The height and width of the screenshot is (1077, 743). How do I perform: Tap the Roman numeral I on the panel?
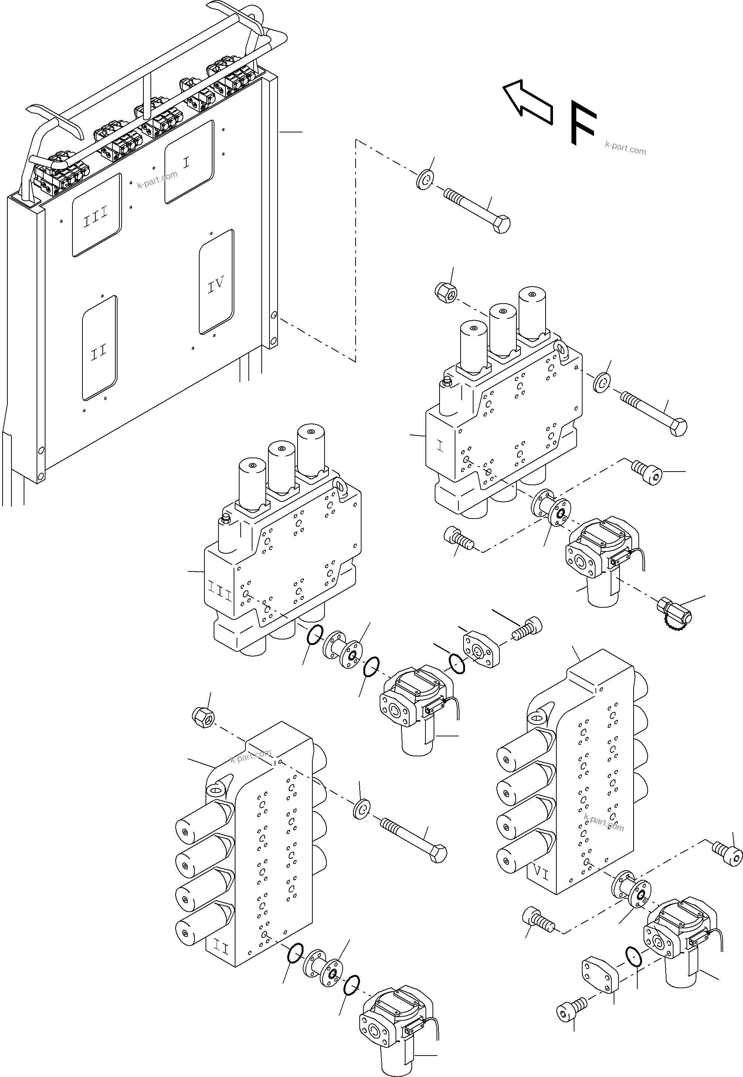(x=186, y=163)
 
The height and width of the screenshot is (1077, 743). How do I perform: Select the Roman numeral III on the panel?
(x=95, y=217)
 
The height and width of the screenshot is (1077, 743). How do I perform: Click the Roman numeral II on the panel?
(x=98, y=352)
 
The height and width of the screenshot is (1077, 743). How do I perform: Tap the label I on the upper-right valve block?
(x=440, y=447)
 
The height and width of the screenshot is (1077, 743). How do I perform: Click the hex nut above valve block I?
(x=445, y=293)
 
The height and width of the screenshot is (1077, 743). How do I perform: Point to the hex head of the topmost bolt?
(x=501, y=224)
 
